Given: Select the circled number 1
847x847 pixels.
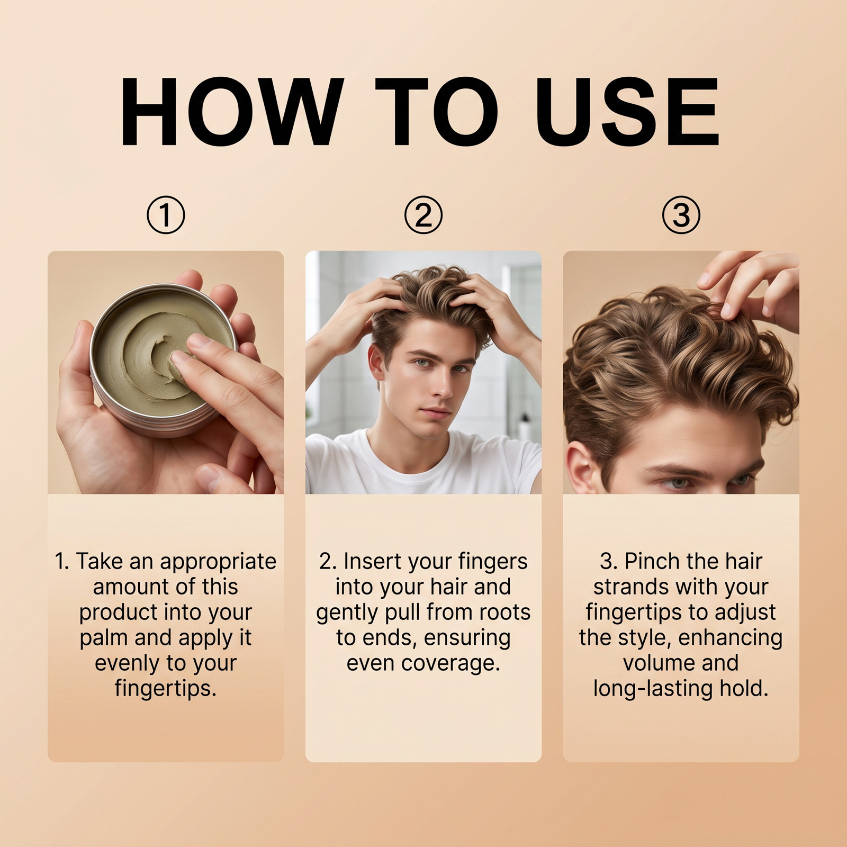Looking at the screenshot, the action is pos(166,215).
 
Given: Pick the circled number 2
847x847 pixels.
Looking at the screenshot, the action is pos(424,215).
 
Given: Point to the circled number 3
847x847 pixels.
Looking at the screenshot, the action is pos(681,215).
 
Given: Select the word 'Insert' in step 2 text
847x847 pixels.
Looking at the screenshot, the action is pos(372,561).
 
